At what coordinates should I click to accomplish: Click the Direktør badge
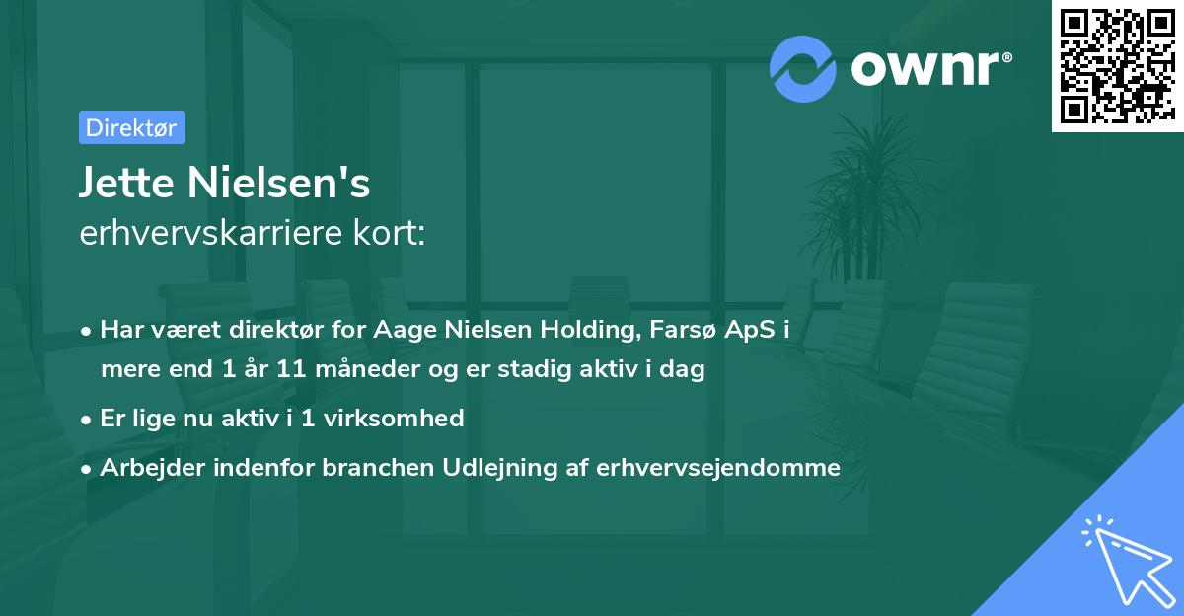(x=131, y=127)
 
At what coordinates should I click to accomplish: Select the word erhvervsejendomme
(x=717, y=467)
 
